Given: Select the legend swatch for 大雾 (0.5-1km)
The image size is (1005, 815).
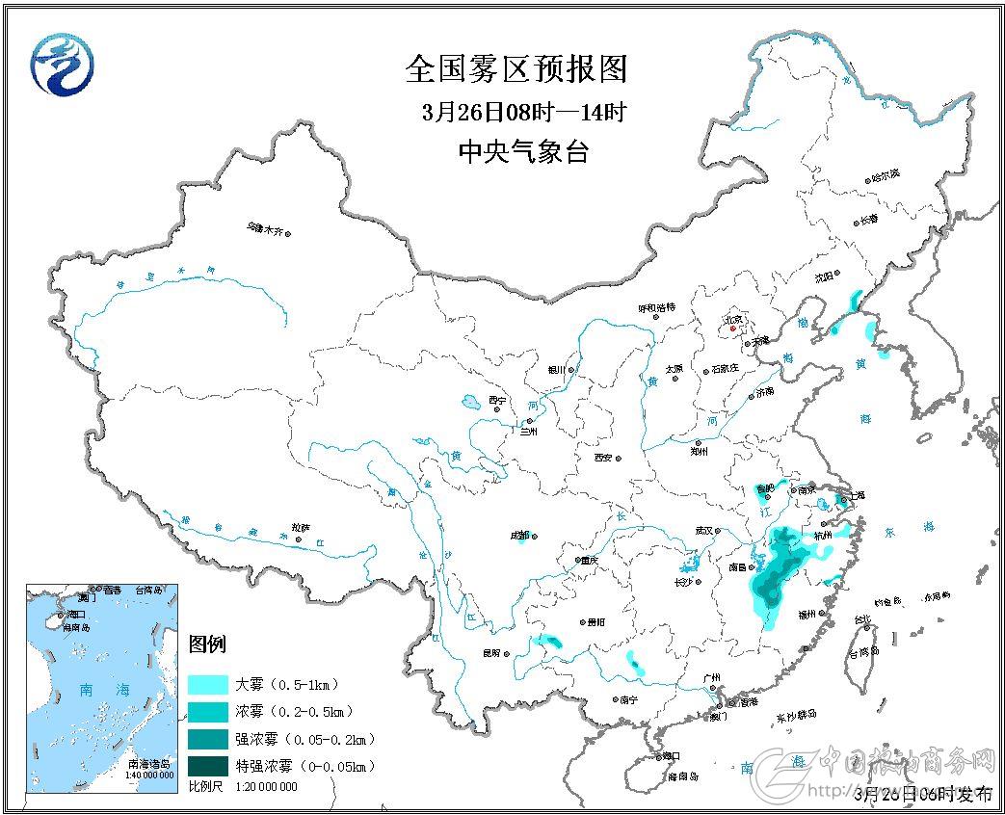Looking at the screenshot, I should (x=208, y=685).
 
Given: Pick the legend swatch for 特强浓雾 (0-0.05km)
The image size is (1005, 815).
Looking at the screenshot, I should (x=208, y=766).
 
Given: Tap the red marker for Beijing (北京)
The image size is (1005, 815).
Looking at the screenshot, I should (x=732, y=329).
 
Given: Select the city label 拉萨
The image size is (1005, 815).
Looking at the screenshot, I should (x=301, y=528).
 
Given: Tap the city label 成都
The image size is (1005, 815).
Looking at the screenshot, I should (x=519, y=536).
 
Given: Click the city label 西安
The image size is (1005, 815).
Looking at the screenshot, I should (x=603, y=457).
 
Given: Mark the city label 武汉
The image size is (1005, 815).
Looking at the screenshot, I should (x=704, y=531).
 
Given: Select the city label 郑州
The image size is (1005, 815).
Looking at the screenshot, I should (x=700, y=449).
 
